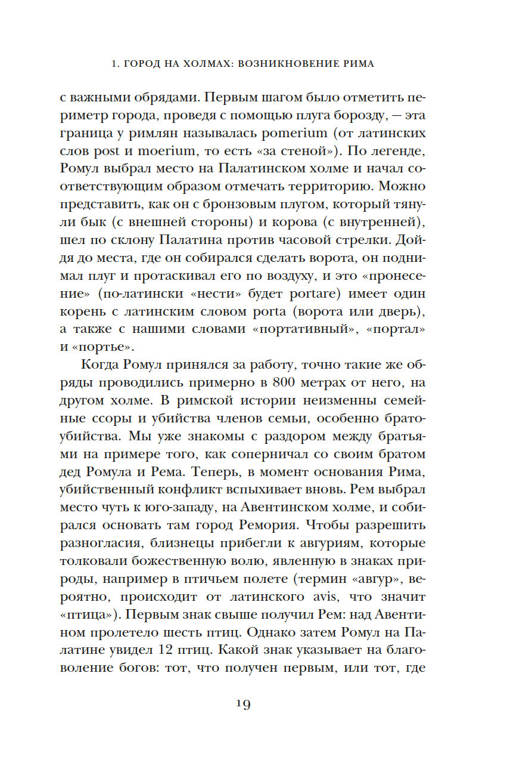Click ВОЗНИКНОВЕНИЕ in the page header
(x=270, y=64)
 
